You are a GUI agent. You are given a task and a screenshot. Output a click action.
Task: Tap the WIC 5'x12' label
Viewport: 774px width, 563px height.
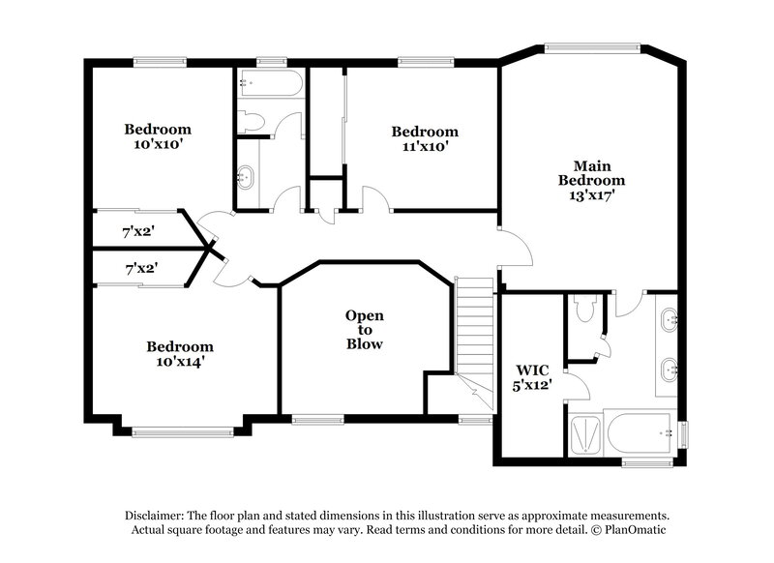coord(532,376)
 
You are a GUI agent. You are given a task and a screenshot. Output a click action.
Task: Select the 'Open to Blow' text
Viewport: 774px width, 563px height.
coord(365,330)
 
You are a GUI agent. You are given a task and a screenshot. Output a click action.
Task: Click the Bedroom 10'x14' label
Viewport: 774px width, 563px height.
coord(180,354)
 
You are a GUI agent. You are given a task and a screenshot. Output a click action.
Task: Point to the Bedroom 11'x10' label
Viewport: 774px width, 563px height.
coord(424,139)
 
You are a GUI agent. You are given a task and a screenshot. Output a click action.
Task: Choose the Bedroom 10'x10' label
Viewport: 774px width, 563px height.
coord(157,136)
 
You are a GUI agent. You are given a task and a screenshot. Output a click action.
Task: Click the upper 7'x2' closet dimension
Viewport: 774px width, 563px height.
coord(139,232)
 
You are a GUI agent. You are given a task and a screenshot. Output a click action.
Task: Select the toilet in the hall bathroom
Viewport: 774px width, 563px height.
coord(252,121)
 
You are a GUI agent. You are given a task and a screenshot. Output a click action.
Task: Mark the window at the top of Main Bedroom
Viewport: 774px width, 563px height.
coord(592,45)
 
